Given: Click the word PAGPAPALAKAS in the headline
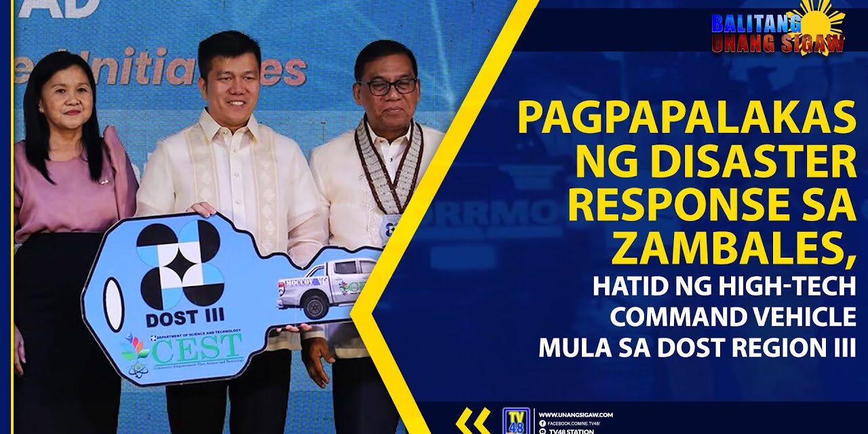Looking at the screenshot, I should click(x=686, y=119).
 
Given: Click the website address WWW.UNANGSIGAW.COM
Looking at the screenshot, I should click(x=576, y=414).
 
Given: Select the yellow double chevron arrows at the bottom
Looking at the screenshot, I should click(x=473, y=420).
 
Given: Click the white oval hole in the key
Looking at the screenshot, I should click(x=114, y=304).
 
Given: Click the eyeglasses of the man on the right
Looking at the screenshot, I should click(x=388, y=86).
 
